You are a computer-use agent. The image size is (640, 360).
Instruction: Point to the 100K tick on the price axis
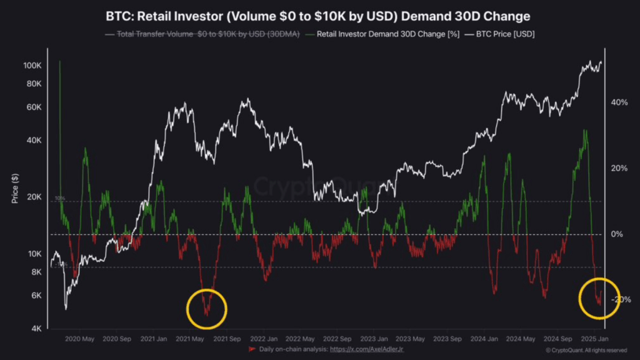32,66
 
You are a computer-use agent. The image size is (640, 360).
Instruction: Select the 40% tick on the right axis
619,102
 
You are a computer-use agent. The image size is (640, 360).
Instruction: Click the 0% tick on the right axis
617,234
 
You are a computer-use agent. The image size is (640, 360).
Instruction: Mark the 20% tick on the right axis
619,169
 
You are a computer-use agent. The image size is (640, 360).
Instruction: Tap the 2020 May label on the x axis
80,339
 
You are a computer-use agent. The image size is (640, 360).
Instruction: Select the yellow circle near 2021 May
207,309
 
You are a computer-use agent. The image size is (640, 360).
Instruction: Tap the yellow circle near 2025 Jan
599,296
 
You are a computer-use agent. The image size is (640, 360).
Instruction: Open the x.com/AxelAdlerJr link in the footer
365,349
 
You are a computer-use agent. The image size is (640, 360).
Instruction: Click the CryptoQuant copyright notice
586,350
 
